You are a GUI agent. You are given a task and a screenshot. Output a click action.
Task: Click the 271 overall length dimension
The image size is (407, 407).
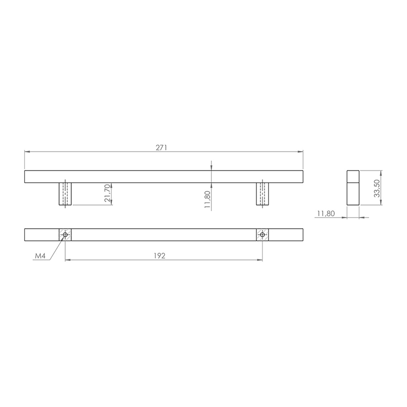pyautogui.click(x=161, y=148)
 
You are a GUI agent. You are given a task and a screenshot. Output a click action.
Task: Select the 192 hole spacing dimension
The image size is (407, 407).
pyautogui.click(x=159, y=256)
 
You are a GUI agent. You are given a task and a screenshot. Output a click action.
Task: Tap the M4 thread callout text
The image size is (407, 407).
pyautogui.click(x=40, y=256)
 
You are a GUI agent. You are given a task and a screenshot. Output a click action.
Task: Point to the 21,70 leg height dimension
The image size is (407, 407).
pyautogui.click(x=107, y=193)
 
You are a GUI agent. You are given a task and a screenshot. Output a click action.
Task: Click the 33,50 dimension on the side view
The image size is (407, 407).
pyautogui.click(x=376, y=188)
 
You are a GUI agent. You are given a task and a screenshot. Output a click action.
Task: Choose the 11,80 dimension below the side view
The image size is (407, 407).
pyautogui.click(x=326, y=214)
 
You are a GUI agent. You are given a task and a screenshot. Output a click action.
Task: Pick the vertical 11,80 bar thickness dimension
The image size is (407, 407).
pyautogui.click(x=207, y=199)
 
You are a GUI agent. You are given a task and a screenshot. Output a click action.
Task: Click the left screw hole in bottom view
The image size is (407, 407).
pyautogui.click(x=65, y=235)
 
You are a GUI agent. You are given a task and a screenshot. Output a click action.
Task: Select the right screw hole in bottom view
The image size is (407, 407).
pyautogui.click(x=263, y=235)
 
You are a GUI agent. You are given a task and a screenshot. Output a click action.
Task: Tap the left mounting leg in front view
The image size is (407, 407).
pyautogui.click(x=65, y=194)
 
